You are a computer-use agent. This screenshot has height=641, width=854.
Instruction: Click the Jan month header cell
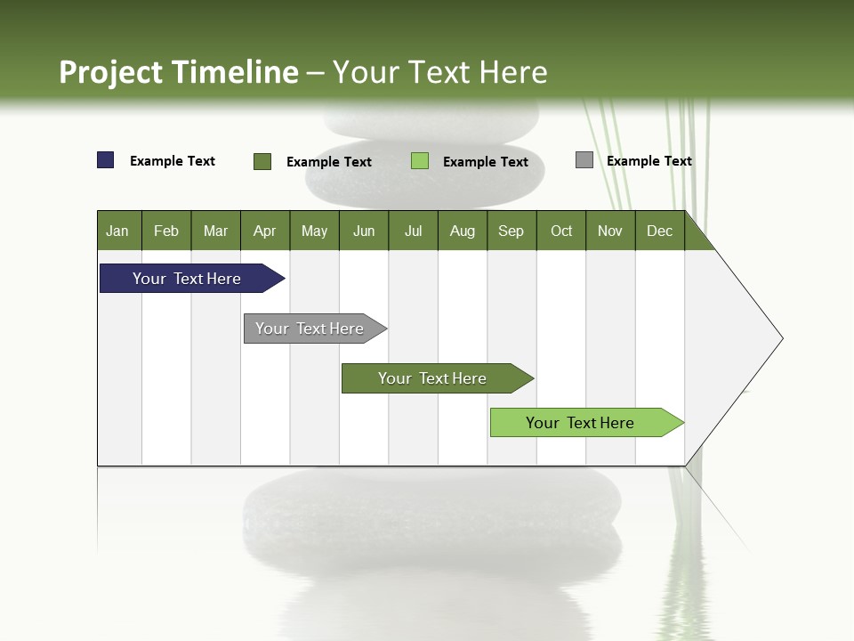118,231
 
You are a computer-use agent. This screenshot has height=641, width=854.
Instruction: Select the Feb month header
166,231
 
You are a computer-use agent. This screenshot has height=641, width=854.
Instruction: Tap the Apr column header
265,231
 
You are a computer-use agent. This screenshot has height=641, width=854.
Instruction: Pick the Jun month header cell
364,231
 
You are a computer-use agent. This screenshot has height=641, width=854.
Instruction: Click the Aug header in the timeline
463,231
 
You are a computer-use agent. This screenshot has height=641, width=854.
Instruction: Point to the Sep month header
512,231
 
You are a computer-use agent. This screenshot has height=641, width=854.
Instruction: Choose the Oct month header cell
561,231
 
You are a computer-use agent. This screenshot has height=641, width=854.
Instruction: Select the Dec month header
660,231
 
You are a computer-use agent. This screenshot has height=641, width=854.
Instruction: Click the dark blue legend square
106,160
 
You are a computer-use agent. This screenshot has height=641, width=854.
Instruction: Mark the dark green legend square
262,161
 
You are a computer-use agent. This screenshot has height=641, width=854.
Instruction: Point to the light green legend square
420,161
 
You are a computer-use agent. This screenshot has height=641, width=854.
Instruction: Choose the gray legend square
584,160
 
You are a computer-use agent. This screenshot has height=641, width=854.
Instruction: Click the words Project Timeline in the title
179,72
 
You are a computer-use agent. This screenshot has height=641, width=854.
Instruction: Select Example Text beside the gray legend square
649,161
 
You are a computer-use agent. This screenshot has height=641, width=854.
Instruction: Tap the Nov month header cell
610,231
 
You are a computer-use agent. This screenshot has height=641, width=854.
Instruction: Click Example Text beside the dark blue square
173,161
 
